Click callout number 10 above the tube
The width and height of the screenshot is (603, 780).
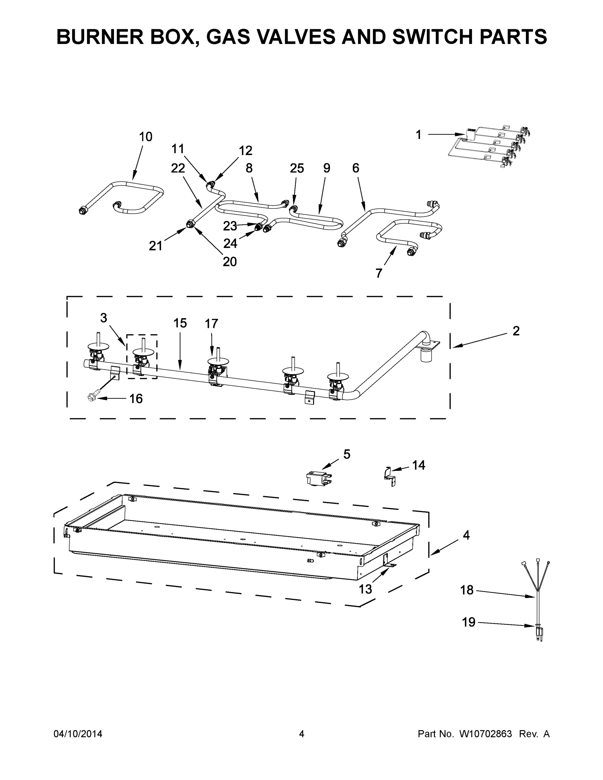(x=145, y=136)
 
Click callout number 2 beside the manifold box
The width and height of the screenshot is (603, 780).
(x=516, y=331)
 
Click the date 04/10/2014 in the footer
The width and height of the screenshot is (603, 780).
(x=78, y=734)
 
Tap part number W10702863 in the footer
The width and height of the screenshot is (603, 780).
(x=485, y=734)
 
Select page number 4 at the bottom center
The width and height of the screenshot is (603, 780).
(x=302, y=734)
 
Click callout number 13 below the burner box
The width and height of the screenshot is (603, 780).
(x=365, y=589)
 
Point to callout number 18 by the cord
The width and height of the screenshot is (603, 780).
(x=466, y=590)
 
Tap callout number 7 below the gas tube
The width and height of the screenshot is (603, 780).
(x=379, y=273)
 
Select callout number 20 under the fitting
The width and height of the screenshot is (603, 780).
(x=229, y=261)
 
